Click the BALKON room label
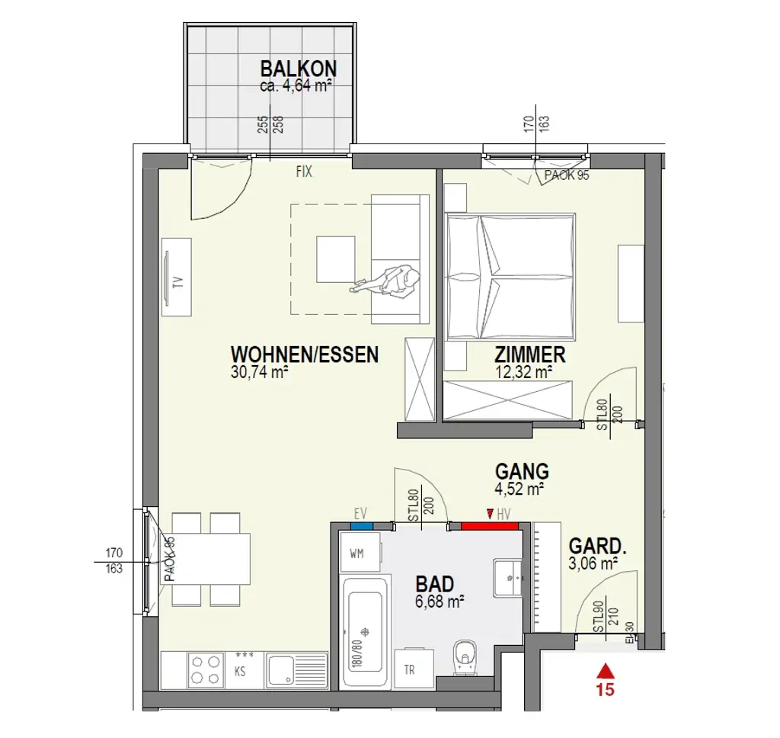[298, 70]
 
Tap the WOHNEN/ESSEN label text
[305, 355]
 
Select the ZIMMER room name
[529, 355]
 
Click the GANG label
[522, 470]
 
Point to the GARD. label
[598, 546]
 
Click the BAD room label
[435, 585]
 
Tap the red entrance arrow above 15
[606, 670]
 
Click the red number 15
[606, 691]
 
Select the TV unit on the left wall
[177, 276]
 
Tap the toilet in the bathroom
[464, 658]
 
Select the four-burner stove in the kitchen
[204, 669]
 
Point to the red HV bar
[489, 525]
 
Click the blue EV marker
[361, 525]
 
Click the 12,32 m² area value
[523, 372]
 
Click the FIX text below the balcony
[304, 172]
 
